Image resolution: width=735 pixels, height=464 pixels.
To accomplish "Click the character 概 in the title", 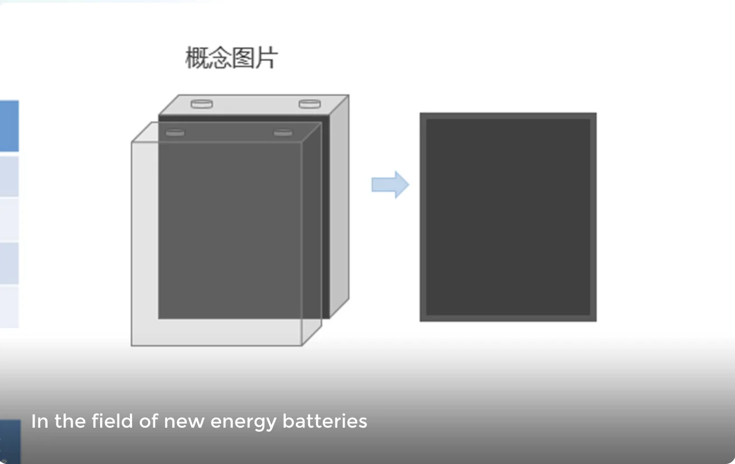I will pyautogui.click(x=196, y=58).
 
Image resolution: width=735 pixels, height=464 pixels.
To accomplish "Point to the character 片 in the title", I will pyautogui.click(x=266, y=58).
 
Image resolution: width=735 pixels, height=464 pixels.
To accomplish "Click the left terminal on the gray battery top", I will pyautogui.click(x=202, y=103).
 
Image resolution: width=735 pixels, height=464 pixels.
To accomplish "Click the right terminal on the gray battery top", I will pyautogui.click(x=309, y=103).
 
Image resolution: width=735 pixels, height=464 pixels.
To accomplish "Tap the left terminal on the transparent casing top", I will pyautogui.click(x=175, y=132).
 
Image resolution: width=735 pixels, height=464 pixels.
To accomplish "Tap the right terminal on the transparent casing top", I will pyautogui.click(x=283, y=132).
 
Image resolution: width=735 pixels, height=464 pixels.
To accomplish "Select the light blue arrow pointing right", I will pyautogui.click(x=390, y=184).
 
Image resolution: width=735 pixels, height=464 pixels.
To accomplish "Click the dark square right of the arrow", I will pyautogui.click(x=508, y=217).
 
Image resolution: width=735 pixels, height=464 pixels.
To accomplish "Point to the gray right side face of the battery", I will pyautogui.click(x=339, y=207).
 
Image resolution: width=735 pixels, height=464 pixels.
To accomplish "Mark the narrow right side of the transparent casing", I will pyautogui.click(x=312, y=235).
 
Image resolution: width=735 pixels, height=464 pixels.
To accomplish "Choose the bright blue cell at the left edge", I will pyautogui.click(x=9, y=126).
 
